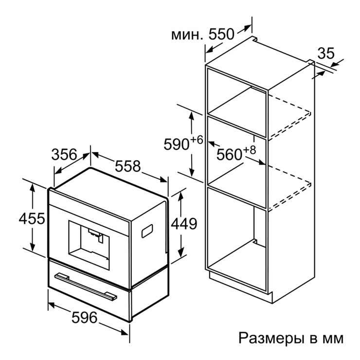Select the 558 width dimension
click(x=127, y=166)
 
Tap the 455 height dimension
click(x=32, y=218)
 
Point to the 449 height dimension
click(x=184, y=224)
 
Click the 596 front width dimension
click(x=84, y=318)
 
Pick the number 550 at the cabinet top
click(x=221, y=34)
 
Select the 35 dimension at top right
click(x=326, y=53)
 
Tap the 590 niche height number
click(x=176, y=144)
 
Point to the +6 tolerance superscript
click(x=197, y=140)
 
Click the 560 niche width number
click(x=229, y=154)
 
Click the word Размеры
click(x=271, y=339)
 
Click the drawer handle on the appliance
click(x=86, y=287)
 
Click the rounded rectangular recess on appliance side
click(x=147, y=231)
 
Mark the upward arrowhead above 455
click(x=33, y=188)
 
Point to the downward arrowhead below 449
click(x=181, y=252)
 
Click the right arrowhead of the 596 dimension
click(x=125, y=332)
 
